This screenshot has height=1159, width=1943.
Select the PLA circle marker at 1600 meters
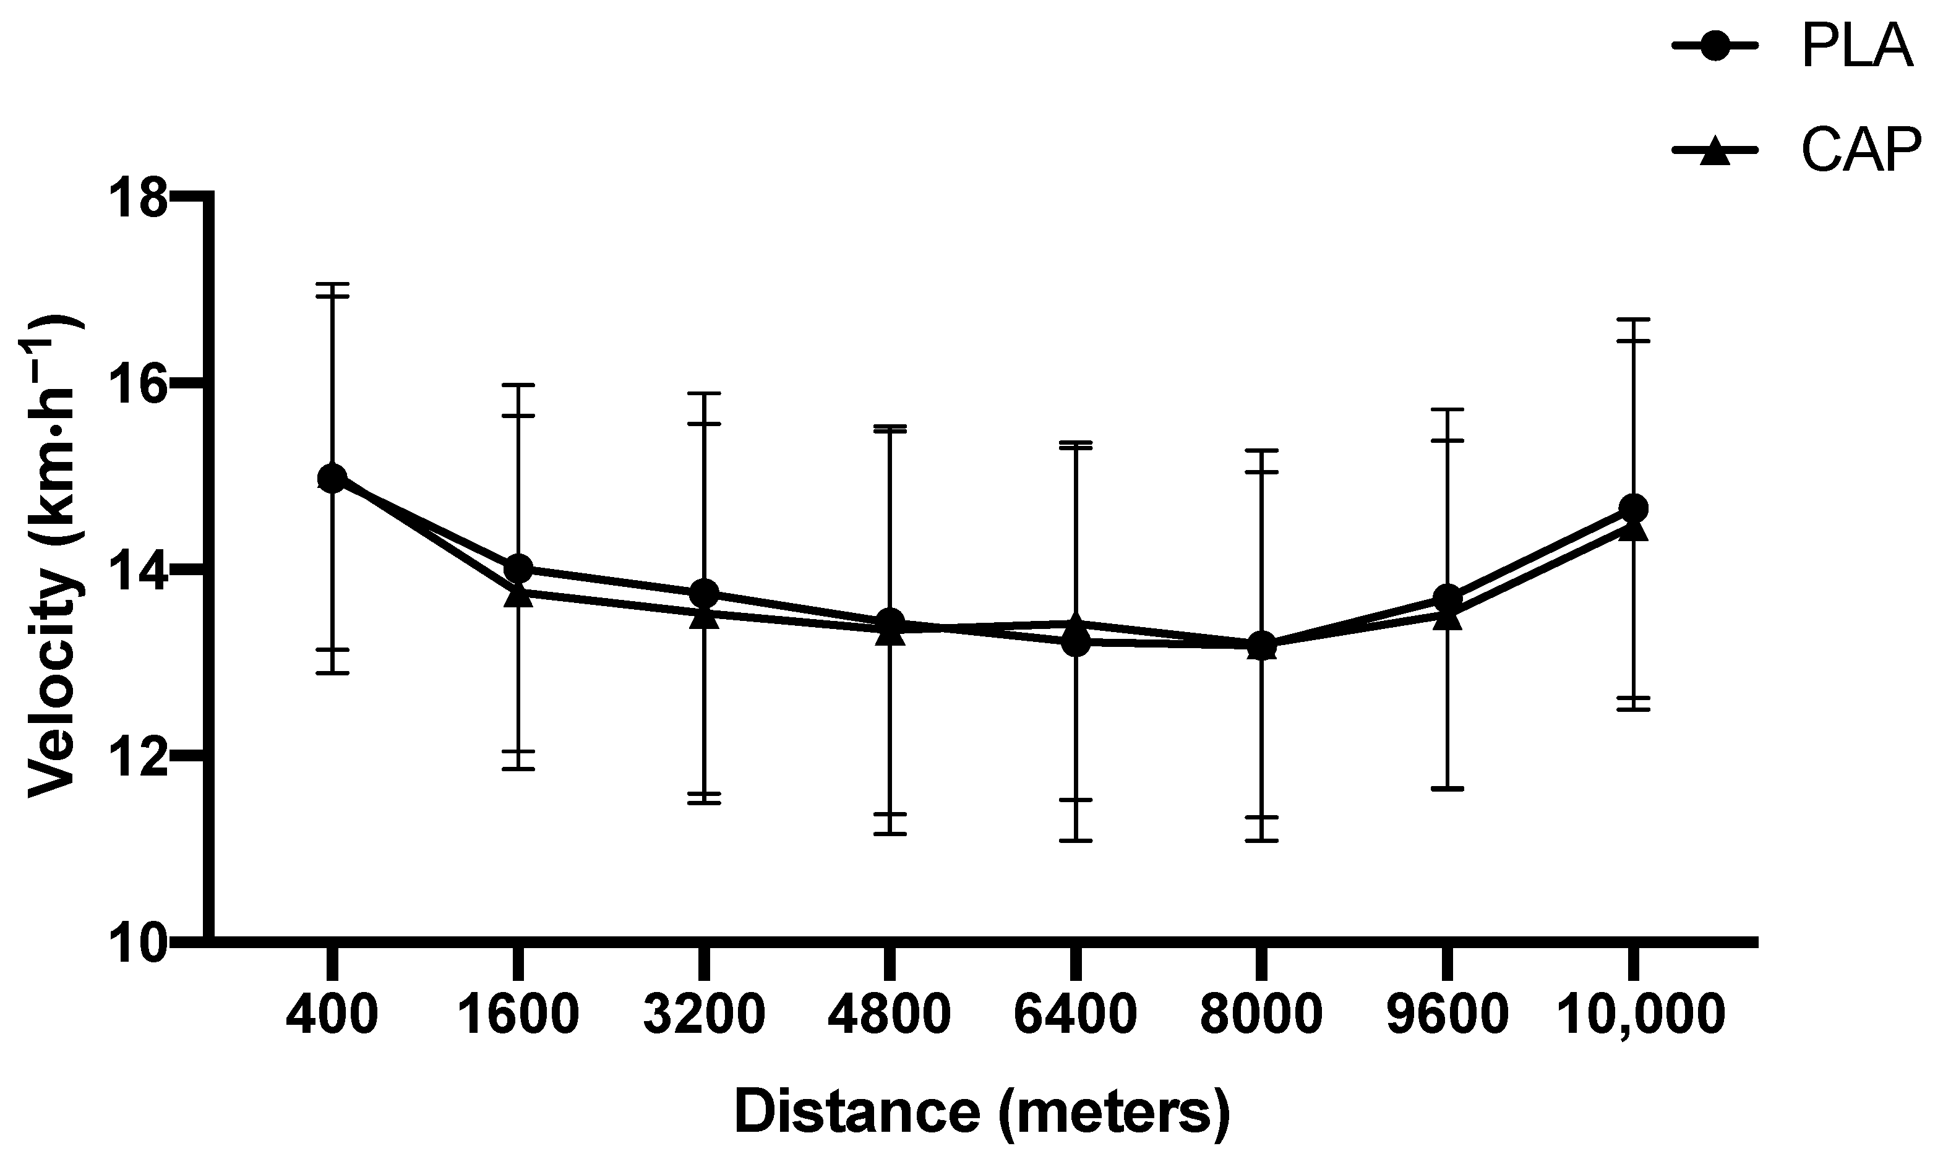[x=518, y=568]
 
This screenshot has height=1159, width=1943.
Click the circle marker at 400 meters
[x=333, y=477]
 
